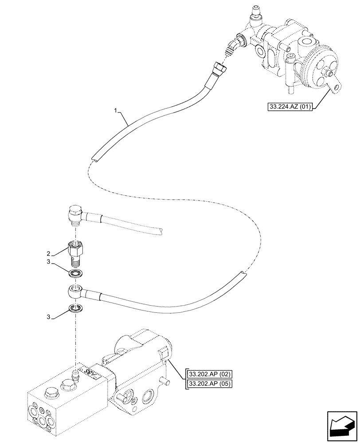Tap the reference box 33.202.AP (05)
click(209, 383)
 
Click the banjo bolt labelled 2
click(76, 250)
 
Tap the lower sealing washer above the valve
click(76, 308)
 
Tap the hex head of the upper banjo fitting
click(74, 212)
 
